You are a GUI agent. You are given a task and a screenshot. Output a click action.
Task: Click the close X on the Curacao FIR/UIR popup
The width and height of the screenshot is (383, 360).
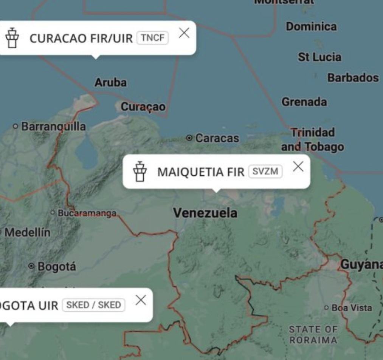(x=184, y=33)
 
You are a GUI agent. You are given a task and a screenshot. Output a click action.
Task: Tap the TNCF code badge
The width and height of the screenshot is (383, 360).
(x=152, y=38)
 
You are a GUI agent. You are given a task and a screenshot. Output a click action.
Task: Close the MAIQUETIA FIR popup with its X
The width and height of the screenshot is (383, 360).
(x=298, y=166)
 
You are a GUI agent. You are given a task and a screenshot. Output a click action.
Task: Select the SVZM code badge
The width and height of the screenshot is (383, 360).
(x=265, y=172)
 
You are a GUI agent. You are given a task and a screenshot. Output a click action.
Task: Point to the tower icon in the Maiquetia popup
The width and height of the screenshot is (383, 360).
(x=140, y=172)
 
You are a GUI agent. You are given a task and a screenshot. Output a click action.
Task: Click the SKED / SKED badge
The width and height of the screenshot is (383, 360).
(x=93, y=305)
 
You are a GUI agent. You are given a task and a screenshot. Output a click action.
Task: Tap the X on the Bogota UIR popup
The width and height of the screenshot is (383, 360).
(x=141, y=300)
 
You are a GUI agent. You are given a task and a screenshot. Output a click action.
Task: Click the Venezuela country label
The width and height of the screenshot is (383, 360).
(x=205, y=213)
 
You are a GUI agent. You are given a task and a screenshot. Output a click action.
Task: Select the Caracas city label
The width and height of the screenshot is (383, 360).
(x=217, y=138)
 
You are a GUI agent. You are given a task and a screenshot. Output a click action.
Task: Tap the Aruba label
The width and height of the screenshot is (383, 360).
(x=110, y=82)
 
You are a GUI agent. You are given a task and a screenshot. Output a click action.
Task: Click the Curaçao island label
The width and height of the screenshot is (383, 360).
(x=143, y=107)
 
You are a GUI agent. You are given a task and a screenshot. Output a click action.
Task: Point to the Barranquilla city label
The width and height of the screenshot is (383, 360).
(x=53, y=126)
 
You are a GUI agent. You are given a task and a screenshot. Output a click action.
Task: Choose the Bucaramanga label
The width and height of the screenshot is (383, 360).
(x=87, y=213)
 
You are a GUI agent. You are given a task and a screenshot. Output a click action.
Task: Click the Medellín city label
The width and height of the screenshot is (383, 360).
(x=27, y=232)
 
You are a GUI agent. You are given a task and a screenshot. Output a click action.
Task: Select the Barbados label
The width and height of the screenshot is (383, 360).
(x=353, y=78)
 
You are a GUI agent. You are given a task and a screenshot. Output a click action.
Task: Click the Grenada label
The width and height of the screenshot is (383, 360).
(x=304, y=102)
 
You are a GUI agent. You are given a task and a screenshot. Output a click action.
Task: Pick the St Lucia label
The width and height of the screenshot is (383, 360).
(x=319, y=57)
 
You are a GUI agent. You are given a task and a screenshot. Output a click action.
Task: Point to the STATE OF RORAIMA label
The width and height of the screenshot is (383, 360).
(x=313, y=335)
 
